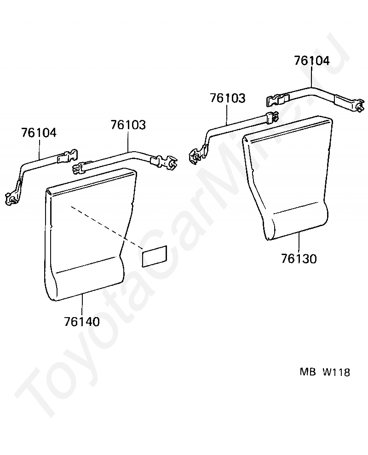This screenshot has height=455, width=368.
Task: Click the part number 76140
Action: [82, 322]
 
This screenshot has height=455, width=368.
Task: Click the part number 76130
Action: [299, 259]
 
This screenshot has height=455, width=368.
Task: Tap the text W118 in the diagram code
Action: [336, 372]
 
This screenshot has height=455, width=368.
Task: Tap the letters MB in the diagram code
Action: [308, 372]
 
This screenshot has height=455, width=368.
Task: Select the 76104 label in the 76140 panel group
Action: [39, 133]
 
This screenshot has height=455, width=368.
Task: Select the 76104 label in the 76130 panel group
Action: [312, 61]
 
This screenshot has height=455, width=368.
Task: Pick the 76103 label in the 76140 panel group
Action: [128, 125]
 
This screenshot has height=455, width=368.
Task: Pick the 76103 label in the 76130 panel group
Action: [228, 98]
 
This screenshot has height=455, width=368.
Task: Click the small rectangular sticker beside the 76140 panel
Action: [155, 256]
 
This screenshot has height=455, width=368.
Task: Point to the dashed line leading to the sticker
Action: [106, 227]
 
